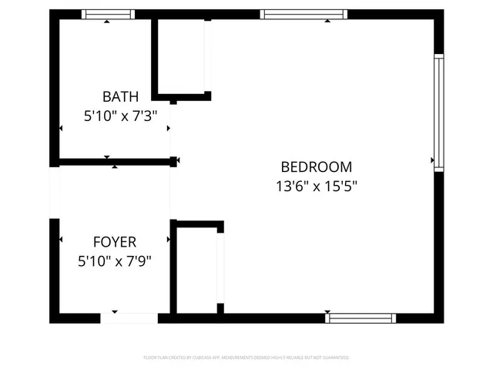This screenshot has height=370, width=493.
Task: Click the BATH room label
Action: coord(121,97)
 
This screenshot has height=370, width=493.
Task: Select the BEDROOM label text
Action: coord(317,166)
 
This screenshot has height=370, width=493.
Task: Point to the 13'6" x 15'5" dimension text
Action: coord(317,186)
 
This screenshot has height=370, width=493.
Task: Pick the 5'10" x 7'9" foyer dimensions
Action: coord(115,261)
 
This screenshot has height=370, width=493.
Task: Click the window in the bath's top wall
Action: coord(109,14)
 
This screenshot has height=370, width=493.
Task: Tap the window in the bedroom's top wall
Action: coord(304,14)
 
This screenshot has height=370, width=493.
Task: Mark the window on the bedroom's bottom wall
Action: coord(361,318)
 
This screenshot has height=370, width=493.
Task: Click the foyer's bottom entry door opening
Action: coord(129,318)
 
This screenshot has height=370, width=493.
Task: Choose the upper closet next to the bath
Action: coord(181,55)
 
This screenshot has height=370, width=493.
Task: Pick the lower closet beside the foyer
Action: coord(197,270)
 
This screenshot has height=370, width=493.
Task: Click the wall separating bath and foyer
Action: coord(114,161)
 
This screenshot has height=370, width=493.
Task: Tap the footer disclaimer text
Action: coord(246,358)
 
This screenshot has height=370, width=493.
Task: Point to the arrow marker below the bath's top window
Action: coord(107,22)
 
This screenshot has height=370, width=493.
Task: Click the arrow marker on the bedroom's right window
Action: coord(433,160)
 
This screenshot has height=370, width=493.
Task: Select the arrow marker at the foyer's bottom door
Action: coord(115,311)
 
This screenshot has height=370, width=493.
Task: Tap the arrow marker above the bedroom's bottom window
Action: coord(327,311)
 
